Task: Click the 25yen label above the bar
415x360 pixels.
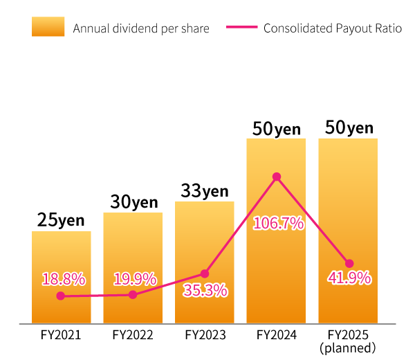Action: pyautogui.click(x=61, y=220)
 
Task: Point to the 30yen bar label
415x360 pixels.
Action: pyautogui.click(x=134, y=202)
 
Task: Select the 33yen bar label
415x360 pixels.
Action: pyautogui.click(x=205, y=191)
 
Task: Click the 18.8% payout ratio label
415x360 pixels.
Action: pyautogui.click(x=64, y=280)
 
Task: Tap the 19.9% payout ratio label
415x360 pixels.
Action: pyautogui.click(x=135, y=280)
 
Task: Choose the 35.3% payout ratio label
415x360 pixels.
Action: pyautogui.click(x=205, y=291)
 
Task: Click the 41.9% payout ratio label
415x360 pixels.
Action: pyautogui.click(x=349, y=278)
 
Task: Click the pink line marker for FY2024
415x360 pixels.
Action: pyautogui.click(x=277, y=177)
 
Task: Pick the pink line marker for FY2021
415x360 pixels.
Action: pyautogui.click(x=61, y=296)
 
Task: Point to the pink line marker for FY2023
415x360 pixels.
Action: pyautogui.click(x=205, y=273)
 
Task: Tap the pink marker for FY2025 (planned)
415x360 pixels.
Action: pyautogui.click(x=349, y=263)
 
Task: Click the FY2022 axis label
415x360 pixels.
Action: pyautogui.click(x=133, y=335)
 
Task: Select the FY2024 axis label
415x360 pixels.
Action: pyautogui.click(x=277, y=335)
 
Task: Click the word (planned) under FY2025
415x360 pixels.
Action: pyautogui.click(x=349, y=348)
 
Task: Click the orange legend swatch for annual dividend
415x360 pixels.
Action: pyautogui.click(x=48, y=27)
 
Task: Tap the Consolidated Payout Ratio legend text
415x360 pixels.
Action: pyautogui.click(x=333, y=28)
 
